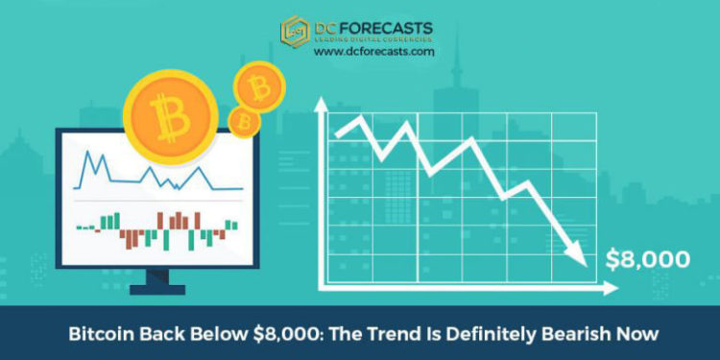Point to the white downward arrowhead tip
582,263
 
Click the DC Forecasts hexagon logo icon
294,31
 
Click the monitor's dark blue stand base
156,286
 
